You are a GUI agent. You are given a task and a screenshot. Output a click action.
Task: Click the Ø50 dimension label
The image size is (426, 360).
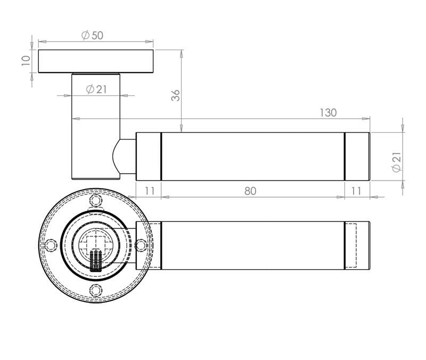point(92,35)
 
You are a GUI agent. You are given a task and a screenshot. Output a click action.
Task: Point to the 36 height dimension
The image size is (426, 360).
point(175,95)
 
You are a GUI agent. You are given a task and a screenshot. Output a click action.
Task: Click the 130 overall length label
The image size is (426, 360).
point(328,113)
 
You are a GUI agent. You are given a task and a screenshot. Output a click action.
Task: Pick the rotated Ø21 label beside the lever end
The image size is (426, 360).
point(395,161)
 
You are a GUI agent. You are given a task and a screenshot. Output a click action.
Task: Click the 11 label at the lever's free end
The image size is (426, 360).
point(356,191)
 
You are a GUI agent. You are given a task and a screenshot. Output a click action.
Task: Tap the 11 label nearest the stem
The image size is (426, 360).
point(149,191)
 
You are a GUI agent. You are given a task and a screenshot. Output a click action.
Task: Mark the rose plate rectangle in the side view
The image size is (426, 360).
point(96,61)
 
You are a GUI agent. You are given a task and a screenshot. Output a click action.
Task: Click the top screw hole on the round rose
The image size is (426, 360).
point(96,201)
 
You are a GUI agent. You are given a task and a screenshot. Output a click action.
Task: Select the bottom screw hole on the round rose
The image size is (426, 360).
point(96,290)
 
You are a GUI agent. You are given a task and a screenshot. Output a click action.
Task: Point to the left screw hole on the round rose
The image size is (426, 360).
point(51,246)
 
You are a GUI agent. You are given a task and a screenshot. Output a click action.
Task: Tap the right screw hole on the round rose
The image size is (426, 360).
point(141,246)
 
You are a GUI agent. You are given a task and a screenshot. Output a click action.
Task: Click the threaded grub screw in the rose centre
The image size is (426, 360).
point(96,260)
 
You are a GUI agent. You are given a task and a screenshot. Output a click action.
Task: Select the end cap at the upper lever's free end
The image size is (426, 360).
point(357,156)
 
